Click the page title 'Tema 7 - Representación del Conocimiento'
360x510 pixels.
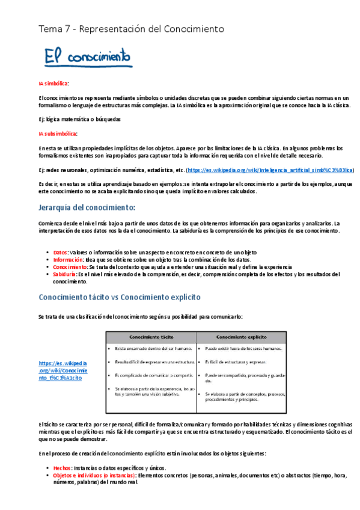(x=131, y=28)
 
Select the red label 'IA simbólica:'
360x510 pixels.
(x=53, y=84)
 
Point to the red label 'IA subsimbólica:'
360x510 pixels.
(x=58, y=134)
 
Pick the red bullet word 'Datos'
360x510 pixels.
(x=60, y=253)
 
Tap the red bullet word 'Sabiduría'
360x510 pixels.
(x=64, y=274)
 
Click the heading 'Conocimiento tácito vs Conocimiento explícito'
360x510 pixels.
(x=120, y=297)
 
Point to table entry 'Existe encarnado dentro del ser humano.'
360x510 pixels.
(x=153, y=348)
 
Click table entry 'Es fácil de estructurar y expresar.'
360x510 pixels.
(x=236, y=361)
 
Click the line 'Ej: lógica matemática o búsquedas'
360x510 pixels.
(x=80, y=119)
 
